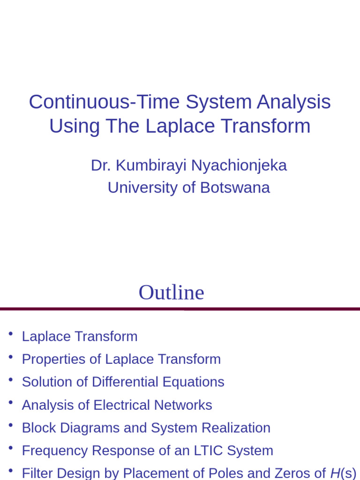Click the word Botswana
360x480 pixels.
click(x=235, y=187)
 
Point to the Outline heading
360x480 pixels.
click(x=171, y=292)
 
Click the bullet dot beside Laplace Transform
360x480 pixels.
click(x=10, y=334)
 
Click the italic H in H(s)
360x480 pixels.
click(x=335, y=473)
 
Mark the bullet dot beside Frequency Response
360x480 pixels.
click(x=10, y=448)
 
